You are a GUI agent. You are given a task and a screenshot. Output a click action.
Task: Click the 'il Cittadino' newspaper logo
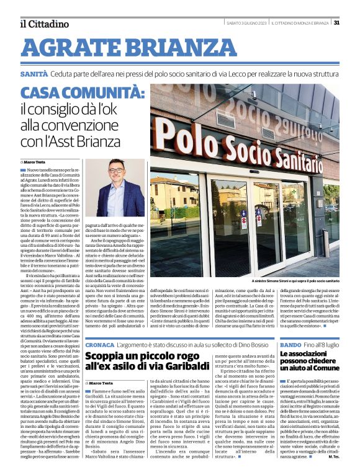coord(43,24)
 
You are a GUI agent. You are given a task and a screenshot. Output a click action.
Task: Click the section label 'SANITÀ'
coord(34,73)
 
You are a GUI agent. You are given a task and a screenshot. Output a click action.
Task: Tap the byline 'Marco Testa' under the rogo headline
coord(103,383)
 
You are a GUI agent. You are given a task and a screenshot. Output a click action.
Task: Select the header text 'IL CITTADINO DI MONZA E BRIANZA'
coord(302,23)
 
